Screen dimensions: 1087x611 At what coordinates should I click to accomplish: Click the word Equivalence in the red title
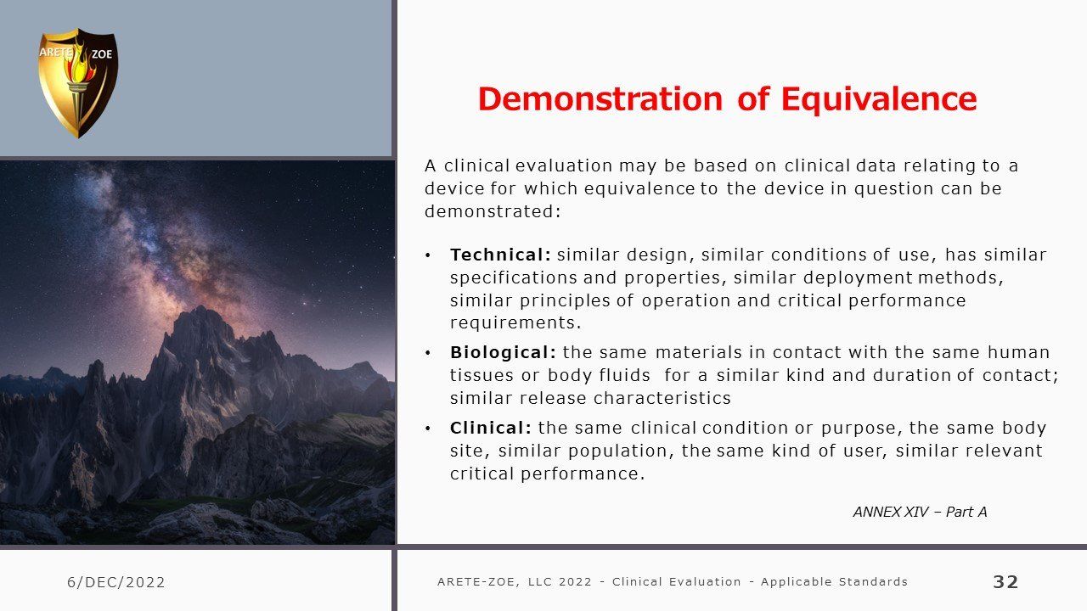879,99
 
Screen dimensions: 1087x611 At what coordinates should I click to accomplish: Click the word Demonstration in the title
600,99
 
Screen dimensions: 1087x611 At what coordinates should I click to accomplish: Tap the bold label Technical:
500,255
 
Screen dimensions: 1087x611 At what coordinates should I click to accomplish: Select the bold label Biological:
503,352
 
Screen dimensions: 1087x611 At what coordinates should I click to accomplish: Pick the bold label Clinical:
491,428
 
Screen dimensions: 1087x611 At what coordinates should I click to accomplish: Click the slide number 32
1005,581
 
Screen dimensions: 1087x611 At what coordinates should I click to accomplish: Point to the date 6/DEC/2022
116,582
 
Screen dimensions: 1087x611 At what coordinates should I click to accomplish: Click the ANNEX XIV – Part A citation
920,512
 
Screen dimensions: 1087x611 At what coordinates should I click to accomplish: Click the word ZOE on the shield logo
102,53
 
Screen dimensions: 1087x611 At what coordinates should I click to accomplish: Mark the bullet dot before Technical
427,255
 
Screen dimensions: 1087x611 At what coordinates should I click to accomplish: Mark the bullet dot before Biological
427,352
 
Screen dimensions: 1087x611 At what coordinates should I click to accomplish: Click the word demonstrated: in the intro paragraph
493,211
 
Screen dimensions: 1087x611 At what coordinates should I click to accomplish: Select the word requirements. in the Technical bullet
515,323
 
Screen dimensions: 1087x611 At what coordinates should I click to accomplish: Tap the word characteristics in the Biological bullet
662,398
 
